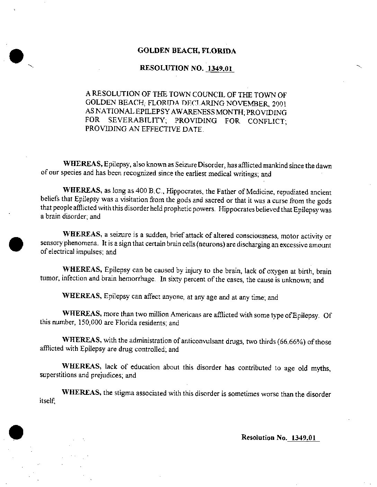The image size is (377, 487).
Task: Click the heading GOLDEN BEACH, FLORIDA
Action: tap(187, 51)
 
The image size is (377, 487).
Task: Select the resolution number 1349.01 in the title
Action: tap(220, 68)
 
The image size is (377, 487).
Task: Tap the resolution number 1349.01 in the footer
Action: tap(303, 437)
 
